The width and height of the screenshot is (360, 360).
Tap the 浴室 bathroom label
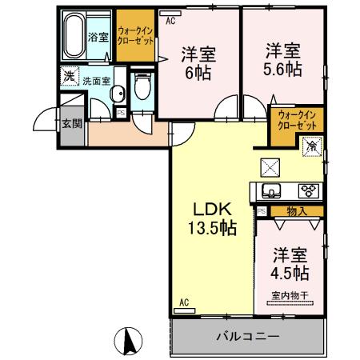point(98,38)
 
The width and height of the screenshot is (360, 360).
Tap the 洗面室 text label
point(95,82)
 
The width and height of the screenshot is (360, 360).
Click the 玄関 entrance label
point(70,123)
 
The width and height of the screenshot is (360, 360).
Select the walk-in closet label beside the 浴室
point(134,34)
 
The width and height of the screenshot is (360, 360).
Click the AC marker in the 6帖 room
point(170,22)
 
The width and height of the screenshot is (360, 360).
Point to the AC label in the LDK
point(183,302)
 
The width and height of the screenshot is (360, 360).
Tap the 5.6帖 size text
point(284,69)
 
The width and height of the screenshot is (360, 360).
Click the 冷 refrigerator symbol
point(313,146)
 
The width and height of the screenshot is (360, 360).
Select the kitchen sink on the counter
point(270,191)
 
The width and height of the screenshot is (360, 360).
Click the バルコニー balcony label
point(247,336)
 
